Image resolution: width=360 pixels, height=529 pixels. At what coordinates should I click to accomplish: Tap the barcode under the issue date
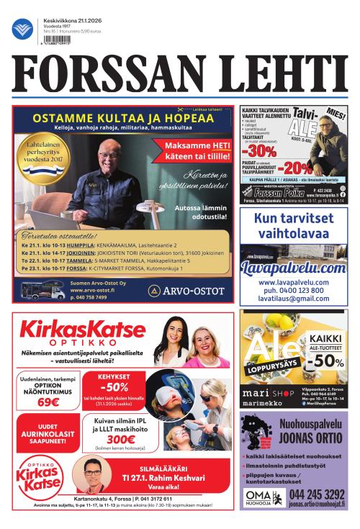pos(58,41)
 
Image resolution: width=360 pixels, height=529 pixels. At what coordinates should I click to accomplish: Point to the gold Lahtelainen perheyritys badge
pos(45,149)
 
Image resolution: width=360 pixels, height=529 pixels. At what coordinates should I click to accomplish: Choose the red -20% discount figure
pos(296,168)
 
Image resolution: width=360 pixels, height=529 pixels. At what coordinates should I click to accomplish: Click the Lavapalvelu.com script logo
pos(294,267)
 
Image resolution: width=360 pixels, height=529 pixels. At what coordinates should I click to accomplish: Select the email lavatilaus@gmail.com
pos(294,299)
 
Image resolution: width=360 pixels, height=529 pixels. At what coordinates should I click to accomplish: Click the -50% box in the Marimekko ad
pos(326,352)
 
